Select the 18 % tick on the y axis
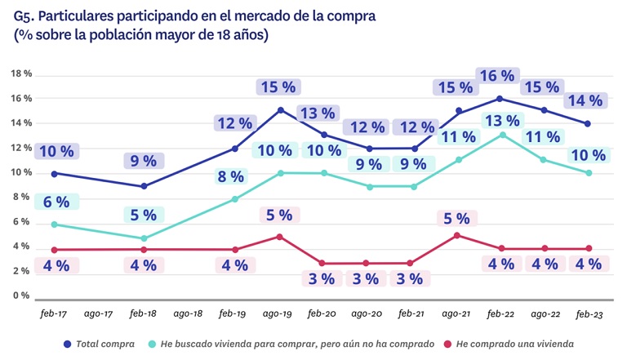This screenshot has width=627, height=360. pos(21,74)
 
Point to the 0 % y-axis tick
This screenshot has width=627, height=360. pos(21,296)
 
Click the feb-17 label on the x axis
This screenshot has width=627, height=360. pos(54,313)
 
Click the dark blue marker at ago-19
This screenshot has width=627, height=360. pos(280,110)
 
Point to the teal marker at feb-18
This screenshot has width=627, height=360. pos(144,238)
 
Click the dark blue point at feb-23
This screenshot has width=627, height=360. pos(588,124)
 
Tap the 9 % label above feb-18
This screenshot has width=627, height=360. pos(144,161)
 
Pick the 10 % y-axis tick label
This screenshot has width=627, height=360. pos(21,173)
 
